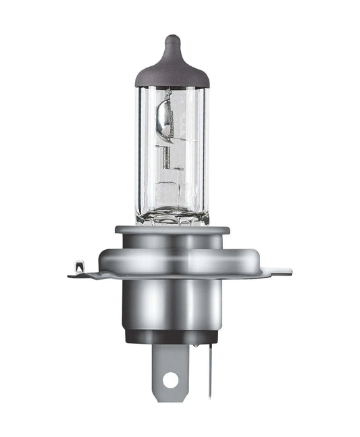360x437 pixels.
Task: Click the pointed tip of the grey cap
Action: tap(172, 40)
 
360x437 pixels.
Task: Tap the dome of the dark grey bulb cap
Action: tap(172, 71)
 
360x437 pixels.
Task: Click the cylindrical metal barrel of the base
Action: tap(172, 304)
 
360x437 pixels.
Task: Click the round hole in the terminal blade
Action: tap(170, 380)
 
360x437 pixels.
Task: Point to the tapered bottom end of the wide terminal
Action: tap(170, 399)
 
